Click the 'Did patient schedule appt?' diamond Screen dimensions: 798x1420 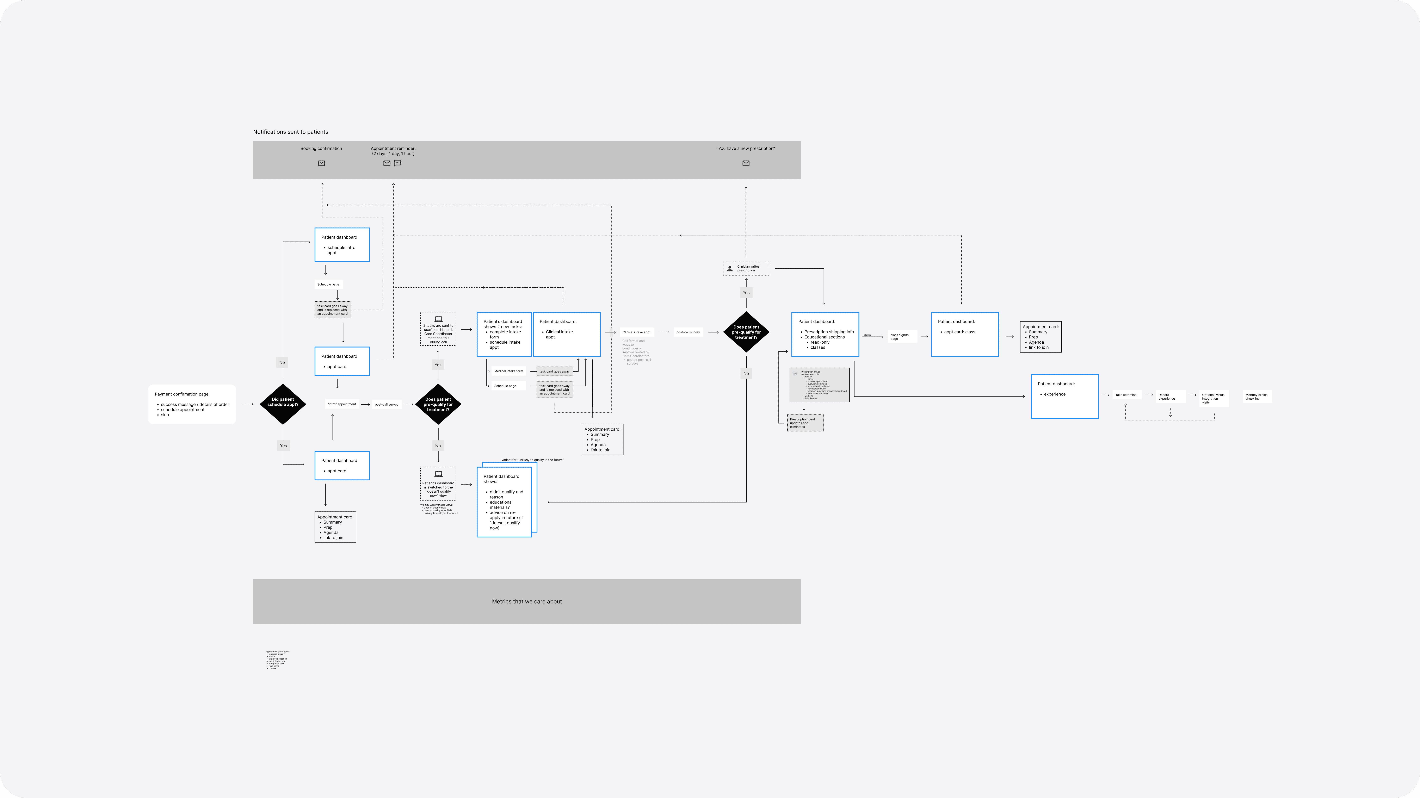pos(283,404)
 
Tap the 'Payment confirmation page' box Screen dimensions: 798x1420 pos(192,404)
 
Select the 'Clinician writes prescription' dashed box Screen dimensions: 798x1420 pos(746,268)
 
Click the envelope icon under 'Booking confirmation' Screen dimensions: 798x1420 pos(321,163)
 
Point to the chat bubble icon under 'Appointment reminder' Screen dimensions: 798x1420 pos(397,163)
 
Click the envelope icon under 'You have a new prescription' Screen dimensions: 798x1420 pos(746,163)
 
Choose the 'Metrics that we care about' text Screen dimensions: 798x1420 pos(526,601)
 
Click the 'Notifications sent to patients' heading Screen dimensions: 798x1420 pos(290,132)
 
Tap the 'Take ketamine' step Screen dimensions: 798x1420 pos(1126,395)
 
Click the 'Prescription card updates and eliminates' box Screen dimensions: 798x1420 pos(805,423)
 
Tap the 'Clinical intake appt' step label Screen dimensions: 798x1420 pos(636,332)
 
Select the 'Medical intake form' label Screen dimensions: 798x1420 pos(508,371)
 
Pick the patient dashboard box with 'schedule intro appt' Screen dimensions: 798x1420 pos(342,245)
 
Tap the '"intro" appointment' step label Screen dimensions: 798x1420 pos(342,404)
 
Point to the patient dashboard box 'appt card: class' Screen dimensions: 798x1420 pos(965,334)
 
